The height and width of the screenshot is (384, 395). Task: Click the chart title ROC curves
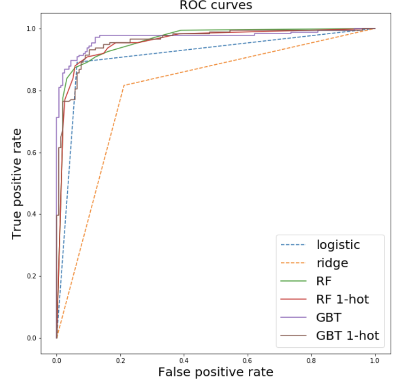point(216,6)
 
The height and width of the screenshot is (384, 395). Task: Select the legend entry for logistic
point(338,245)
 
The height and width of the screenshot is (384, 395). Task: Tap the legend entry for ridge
point(332,263)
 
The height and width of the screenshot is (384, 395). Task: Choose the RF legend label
point(324,281)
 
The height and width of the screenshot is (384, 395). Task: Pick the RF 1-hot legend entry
point(342,299)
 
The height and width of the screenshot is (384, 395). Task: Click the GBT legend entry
point(329,317)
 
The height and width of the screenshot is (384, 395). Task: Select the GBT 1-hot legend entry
point(347,335)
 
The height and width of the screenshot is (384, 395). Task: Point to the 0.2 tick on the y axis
point(32,276)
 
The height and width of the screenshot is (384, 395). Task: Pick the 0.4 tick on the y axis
point(32,214)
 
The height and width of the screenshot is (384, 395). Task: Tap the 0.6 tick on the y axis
point(32,153)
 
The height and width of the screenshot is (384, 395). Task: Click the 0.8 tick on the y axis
point(32,91)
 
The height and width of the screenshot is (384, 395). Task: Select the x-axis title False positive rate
point(215,373)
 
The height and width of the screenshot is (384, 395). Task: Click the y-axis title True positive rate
point(17,183)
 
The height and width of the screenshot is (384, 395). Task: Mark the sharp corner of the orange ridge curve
point(124,85)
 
